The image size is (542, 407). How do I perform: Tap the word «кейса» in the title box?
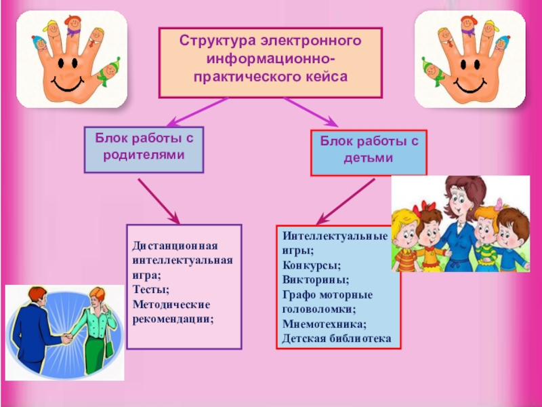tap(325, 75)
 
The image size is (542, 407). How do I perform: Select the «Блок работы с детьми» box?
tap(369, 151)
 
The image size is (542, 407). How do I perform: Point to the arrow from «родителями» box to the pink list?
tap(159, 201)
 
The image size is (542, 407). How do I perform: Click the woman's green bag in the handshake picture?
tap(109, 347)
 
